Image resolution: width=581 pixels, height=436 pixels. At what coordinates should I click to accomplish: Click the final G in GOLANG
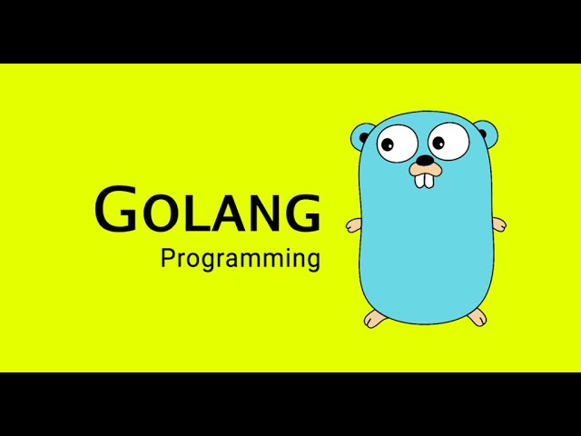(x=302, y=213)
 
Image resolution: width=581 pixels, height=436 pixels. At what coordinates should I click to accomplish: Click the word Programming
(x=241, y=260)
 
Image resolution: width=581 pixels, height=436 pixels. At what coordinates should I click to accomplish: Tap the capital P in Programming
(x=167, y=258)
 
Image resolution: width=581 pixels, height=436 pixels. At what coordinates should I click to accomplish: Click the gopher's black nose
(x=424, y=160)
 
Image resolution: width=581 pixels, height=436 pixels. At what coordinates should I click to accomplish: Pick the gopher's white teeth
(x=425, y=179)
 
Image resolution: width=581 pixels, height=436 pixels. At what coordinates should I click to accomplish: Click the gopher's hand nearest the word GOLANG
(x=354, y=224)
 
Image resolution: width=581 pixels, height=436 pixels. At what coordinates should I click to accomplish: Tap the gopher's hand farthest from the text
(x=498, y=223)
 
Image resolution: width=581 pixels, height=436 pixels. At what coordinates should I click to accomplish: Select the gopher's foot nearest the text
(x=374, y=318)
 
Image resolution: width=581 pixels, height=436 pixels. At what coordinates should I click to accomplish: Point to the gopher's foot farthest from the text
(x=477, y=316)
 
